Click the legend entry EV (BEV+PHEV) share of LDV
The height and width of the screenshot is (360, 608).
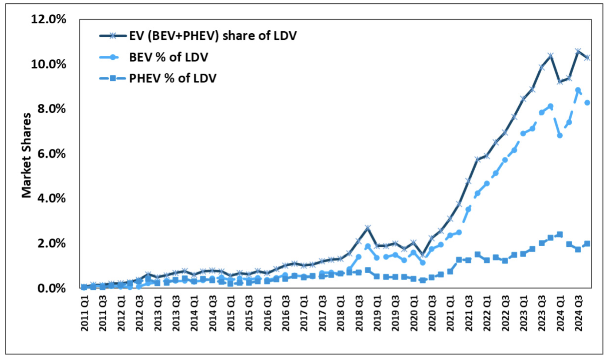tap(213, 36)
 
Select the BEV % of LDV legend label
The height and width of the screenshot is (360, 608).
tap(168, 57)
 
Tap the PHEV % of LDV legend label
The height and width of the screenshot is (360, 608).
tap(172, 78)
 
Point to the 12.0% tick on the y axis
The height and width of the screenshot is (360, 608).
tap(48, 19)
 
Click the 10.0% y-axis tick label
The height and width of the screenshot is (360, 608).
tap(48, 64)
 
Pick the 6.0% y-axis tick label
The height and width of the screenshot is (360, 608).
tap(51, 154)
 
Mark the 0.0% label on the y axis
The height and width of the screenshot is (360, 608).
tap(51, 288)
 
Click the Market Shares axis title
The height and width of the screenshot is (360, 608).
tap(26, 155)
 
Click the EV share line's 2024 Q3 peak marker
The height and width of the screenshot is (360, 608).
tap(578, 51)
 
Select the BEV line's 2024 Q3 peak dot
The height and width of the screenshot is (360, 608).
tap(578, 90)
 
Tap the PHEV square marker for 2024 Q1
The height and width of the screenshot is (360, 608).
tap(560, 234)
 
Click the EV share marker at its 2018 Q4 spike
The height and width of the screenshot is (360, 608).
tap(368, 228)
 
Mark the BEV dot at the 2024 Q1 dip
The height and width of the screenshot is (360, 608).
tap(560, 136)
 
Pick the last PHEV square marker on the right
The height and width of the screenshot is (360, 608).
tap(587, 243)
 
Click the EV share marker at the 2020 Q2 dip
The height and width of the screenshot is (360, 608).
tap(423, 254)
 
